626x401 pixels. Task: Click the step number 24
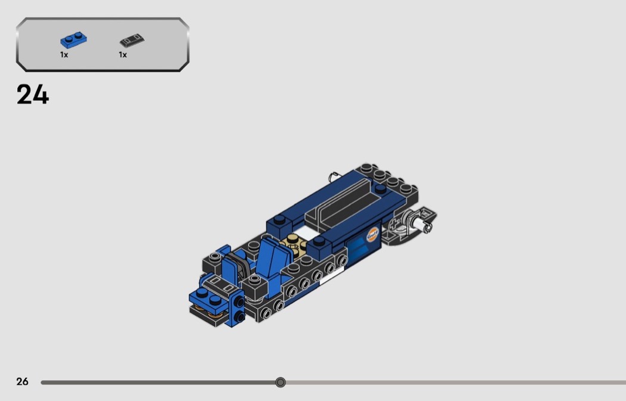[33, 95]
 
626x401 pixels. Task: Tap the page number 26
[23, 381]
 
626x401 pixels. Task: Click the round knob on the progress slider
[281, 383]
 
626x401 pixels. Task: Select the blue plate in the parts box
[73, 40]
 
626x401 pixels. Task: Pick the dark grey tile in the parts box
[132, 41]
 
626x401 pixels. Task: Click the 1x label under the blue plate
[64, 55]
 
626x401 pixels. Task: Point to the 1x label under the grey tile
[123, 55]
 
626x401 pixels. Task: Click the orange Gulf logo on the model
[372, 234]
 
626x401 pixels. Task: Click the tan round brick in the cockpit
[292, 242]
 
